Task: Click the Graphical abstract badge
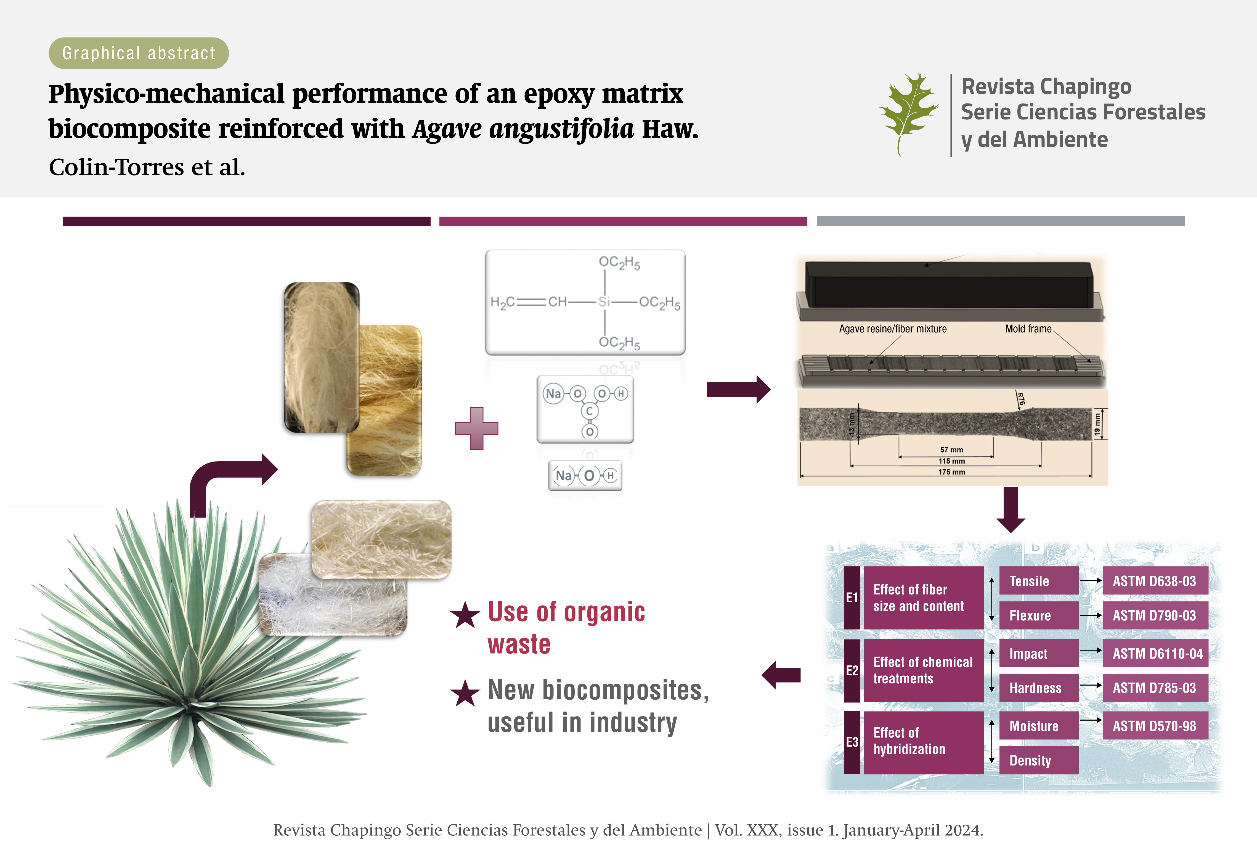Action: (139, 53)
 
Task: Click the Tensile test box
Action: (1038, 581)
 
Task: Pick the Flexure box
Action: (1038, 615)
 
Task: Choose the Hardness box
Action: (1038, 688)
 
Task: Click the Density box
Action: (1038, 760)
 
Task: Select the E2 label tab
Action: (852, 670)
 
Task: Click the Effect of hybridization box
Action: (923, 741)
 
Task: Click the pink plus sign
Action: (476, 428)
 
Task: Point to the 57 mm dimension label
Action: (951, 450)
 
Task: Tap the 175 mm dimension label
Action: (951, 472)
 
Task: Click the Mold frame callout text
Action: (1028, 329)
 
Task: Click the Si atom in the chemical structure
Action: (604, 302)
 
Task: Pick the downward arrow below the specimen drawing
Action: (1010, 509)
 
